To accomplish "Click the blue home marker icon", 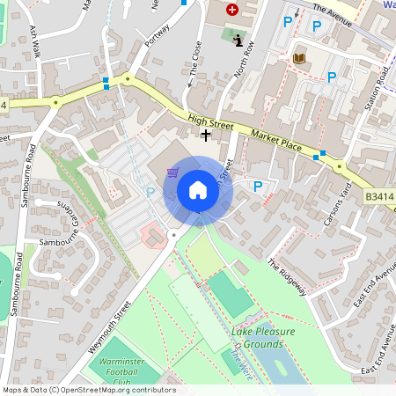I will pyautogui.click(x=198, y=190).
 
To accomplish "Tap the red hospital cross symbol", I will pyautogui.click(x=232, y=10).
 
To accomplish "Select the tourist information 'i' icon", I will pyautogui.click(x=238, y=39).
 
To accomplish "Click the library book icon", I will pyautogui.click(x=299, y=58).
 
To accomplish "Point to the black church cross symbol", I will pyautogui.click(x=206, y=136).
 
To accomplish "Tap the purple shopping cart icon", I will pyautogui.click(x=173, y=172).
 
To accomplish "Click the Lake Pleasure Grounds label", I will pyautogui.click(x=263, y=337).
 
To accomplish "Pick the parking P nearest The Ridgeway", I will pyautogui.click(x=258, y=187).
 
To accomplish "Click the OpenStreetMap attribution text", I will pyautogui.click(x=88, y=390).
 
